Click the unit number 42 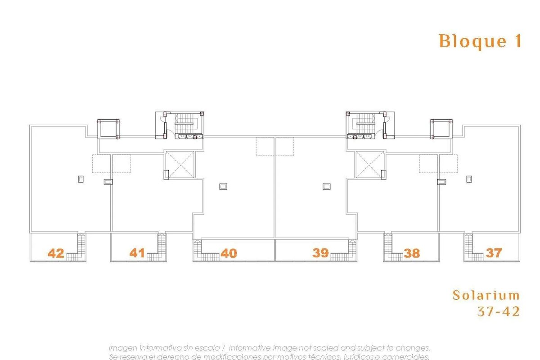[56, 253]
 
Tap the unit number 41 [137, 253]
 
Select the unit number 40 [229, 253]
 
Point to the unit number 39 [320, 253]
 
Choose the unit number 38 [412, 253]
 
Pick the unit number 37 [494, 253]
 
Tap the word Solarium [486, 295]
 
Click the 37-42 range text [499, 311]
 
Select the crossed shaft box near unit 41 [180, 165]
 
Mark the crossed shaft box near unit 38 [370, 165]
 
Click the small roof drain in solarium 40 [223, 186]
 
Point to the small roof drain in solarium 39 [327, 186]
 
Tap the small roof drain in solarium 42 [81, 179]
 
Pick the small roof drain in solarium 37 [469, 179]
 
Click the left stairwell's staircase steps [184, 124]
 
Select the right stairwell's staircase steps [366, 124]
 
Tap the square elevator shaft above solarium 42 [108, 129]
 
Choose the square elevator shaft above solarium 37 [441, 129]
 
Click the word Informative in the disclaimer [250, 348]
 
